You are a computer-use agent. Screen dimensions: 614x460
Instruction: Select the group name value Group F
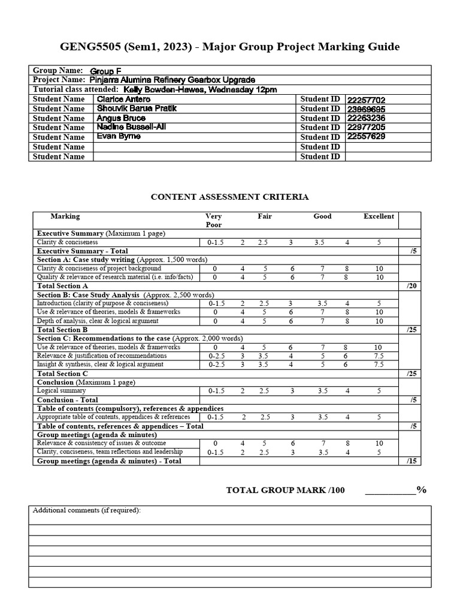(x=105, y=71)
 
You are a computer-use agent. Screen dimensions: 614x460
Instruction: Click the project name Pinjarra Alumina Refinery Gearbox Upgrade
(x=172, y=80)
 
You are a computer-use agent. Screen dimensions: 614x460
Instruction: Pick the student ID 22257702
(x=366, y=100)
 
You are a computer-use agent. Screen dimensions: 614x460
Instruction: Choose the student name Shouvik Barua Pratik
(x=137, y=109)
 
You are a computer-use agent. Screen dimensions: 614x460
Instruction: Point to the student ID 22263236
(x=366, y=118)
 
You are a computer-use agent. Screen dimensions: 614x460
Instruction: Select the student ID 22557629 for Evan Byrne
(x=366, y=137)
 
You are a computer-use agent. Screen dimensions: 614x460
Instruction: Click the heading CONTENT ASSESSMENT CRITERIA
(x=229, y=197)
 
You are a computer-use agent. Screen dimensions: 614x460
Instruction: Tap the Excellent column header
(x=379, y=216)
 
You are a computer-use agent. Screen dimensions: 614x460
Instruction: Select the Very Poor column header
(x=213, y=221)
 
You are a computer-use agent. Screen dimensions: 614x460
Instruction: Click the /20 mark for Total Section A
(x=411, y=286)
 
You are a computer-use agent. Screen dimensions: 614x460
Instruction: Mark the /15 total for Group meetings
(x=411, y=461)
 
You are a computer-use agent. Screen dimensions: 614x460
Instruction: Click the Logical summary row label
(x=61, y=390)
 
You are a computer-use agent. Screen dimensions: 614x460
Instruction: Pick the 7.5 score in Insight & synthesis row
(x=378, y=364)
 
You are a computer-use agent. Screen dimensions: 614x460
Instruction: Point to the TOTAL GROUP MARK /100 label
(x=285, y=490)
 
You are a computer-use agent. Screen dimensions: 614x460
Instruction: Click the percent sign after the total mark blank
(x=422, y=490)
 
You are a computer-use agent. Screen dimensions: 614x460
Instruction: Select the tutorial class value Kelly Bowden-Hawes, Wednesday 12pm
(x=200, y=89)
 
